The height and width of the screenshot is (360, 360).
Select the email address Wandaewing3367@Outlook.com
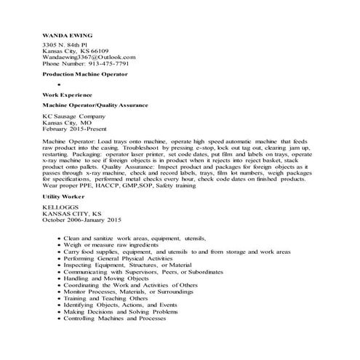tap(89, 57)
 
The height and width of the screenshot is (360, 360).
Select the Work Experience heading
tap(67, 95)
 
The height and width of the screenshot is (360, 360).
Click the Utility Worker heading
tap(64, 198)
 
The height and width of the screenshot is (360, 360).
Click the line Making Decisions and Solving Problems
tap(120, 311)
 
